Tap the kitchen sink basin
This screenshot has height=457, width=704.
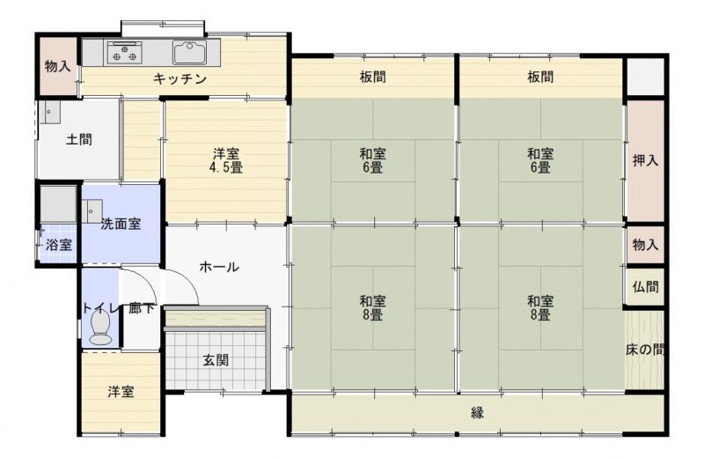coord(189,53)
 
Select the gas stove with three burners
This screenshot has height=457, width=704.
coord(124,53)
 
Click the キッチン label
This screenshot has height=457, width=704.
coord(180,79)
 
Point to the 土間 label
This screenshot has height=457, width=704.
coord(79,139)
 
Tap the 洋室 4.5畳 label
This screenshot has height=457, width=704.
coord(226,161)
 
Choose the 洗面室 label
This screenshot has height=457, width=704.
coord(121,224)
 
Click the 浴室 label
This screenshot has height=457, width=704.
coord(59,245)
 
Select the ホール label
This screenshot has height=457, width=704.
coord(219,267)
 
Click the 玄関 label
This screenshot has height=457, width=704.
coord(216,360)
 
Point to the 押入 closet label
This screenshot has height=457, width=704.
coord(645,160)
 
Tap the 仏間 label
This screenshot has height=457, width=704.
coord(645,287)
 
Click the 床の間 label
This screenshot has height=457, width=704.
coord(645,350)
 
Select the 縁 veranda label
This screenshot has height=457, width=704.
coord(477,412)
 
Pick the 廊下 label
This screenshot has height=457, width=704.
coord(142,308)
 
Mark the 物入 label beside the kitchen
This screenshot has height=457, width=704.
coord(57,67)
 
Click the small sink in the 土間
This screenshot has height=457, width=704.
coord(49,113)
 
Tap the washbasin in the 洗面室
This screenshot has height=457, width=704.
coord(92,211)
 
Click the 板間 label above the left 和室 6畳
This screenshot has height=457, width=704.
coord(372,77)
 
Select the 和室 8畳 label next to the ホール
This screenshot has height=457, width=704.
coord(372,308)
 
